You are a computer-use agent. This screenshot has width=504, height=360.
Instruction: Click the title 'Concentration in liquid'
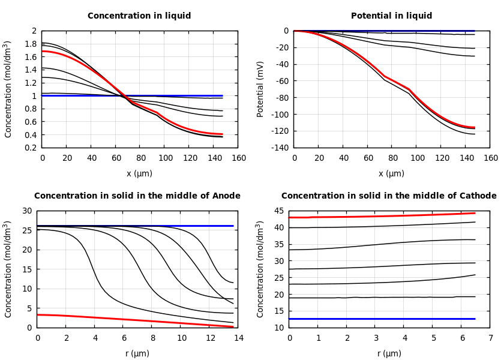139,16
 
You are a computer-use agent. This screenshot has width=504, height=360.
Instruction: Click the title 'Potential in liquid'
391,16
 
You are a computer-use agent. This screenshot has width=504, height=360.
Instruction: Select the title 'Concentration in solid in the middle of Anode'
137,196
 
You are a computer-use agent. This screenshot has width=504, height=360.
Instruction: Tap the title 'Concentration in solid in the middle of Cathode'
389,196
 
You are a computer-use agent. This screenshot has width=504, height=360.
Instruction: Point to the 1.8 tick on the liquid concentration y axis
30,44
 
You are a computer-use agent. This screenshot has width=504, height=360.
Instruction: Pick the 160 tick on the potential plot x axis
490,158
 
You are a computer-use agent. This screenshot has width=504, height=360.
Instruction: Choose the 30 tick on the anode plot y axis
26,211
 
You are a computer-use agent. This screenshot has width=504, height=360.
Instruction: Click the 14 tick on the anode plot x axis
238,338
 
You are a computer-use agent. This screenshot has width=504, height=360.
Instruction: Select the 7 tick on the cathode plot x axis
490,338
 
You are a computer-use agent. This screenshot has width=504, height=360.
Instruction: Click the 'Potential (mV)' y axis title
260,89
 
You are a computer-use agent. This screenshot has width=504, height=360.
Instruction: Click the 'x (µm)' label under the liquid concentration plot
139,173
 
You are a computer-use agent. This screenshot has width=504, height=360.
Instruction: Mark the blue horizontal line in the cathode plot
384,319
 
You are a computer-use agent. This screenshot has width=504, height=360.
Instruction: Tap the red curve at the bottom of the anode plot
120,319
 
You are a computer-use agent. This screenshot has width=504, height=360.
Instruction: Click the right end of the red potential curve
474,127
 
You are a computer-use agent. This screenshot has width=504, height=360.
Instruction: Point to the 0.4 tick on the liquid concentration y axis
30,134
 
